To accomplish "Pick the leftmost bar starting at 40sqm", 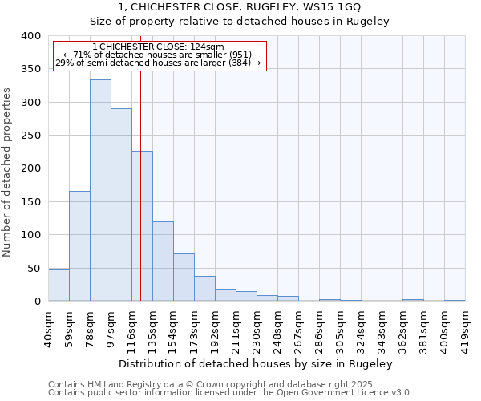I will tap(59, 285).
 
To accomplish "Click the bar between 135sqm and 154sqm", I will tap(163, 261).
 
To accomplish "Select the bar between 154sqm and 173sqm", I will tap(184, 277).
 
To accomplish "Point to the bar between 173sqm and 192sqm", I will tap(204, 288).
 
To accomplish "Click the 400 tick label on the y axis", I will tap(30, 36).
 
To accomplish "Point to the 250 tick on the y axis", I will tap(30, 136).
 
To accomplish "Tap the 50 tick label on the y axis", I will tap(34, 268).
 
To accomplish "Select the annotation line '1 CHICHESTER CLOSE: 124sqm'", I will tap(159, 47).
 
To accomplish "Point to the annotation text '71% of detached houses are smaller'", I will tap(159, 55).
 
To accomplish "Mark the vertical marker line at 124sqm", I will tap(140, 200).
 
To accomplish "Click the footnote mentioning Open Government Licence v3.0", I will tap(230, 392).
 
